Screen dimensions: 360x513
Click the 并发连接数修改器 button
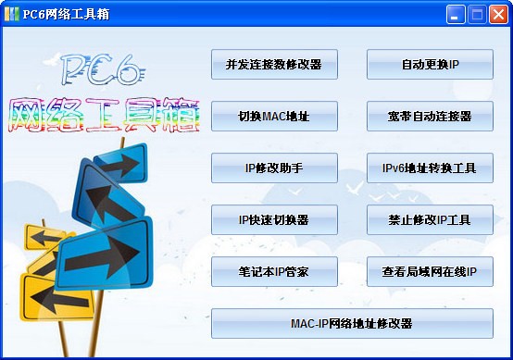tap(274, 65)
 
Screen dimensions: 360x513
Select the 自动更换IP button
tap(430, 65)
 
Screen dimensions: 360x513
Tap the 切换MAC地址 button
tap(274, 117)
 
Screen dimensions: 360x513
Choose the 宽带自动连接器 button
tap(430, 117)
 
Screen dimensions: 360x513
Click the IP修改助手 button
tap(274, 168)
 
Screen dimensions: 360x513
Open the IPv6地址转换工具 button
tap(430, 168)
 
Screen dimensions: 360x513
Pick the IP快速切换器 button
tap(274, 220)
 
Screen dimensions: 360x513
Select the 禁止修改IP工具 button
tap(430, 220)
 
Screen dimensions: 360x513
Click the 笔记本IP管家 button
tap(274, 272)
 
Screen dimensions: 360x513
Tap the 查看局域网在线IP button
tap(430, 272)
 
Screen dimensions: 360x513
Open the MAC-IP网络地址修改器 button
tap(352, 324)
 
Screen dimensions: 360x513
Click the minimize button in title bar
tap(457, 14)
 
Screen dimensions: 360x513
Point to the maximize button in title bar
tap(477, 14)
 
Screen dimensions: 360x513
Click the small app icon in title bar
tap(12, 14)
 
